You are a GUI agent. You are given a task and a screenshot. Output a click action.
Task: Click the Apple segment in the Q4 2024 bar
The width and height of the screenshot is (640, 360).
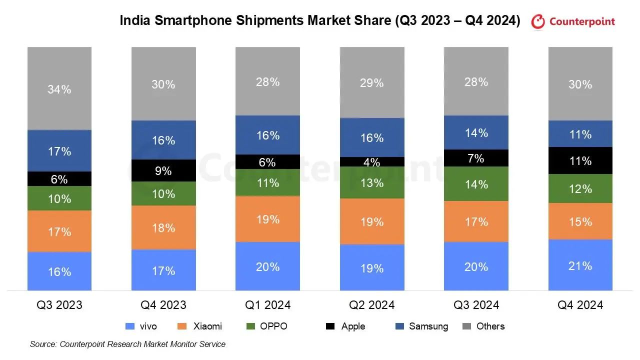(x=580, y=160)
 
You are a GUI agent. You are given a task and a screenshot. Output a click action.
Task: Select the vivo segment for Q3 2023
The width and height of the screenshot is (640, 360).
(x=59, y=271)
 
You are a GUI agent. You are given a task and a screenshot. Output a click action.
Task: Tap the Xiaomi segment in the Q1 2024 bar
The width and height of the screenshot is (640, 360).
(x=267, y=219)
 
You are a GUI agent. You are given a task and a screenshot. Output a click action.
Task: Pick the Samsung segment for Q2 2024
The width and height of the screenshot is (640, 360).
(x=372, y=137)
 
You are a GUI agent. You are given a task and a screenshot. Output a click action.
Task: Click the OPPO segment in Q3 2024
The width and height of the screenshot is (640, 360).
(x=476, y=184)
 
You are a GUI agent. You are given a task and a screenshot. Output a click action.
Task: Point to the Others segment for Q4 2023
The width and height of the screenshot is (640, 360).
(x=163, y=84)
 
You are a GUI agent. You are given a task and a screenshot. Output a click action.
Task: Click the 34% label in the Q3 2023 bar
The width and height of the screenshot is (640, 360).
(x=59, y=89)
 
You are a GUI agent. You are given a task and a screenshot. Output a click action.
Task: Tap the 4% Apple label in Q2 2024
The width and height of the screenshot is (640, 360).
(x=372, y=162)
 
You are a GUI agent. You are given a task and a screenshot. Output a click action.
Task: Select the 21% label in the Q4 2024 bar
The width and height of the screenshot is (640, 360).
(x=580, y=265)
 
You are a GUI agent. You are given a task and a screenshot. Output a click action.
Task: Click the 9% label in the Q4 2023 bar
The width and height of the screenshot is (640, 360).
(x=163, y=171)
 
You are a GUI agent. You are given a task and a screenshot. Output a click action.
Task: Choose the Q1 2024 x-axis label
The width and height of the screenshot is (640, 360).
(x=267, y=304)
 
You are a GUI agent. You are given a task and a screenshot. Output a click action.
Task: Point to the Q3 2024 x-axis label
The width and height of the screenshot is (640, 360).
(x=476, y=304)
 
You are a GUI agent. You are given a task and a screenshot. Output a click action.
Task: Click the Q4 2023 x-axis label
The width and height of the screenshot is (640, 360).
(x=163, y=304)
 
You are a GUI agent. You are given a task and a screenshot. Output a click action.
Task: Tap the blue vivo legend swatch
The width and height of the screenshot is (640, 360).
(x=130, y=326)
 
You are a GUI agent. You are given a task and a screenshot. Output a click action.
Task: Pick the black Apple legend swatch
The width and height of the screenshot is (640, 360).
(x=330, y=326)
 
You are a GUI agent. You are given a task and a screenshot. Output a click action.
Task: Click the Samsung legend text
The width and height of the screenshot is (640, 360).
(x=428, y=326)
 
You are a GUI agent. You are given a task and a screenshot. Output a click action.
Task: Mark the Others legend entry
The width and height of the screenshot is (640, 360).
(x=490, y=326)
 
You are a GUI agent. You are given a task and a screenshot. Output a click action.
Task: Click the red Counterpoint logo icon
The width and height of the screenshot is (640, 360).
(x=538, y=21)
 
